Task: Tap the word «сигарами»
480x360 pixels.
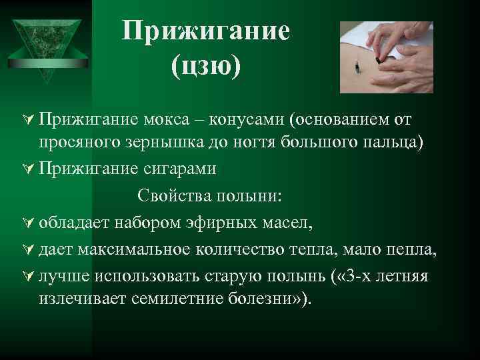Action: [x=178, y=169]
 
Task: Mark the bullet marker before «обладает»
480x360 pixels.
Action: [x=27, y=223]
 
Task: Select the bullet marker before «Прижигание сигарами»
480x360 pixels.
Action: [x=27, y=170]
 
